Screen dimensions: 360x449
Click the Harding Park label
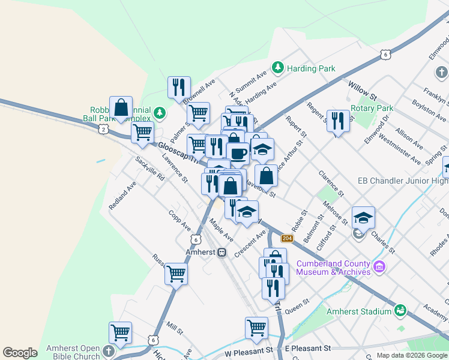click(311, 68)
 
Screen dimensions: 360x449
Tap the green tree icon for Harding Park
click(278, 67)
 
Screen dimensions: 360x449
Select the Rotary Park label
click(373, 109)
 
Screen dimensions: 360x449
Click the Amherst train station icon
click(222, 253)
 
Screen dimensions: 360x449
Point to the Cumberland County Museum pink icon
click(379, 266)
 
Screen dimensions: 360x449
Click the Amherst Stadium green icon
click(400, 311)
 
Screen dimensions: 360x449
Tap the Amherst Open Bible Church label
click(74, 352)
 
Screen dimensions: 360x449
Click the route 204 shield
click(287, 239)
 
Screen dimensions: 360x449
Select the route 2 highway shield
click(104, 129)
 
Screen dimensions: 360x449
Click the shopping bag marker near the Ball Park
click(121, 108)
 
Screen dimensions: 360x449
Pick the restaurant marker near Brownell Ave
click(179, 88)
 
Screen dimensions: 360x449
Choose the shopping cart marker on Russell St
click(176, 274)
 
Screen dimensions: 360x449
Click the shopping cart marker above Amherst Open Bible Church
click(120, 332)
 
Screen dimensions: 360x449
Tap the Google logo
click(20, 353)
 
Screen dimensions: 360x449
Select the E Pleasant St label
click(308, 348)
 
